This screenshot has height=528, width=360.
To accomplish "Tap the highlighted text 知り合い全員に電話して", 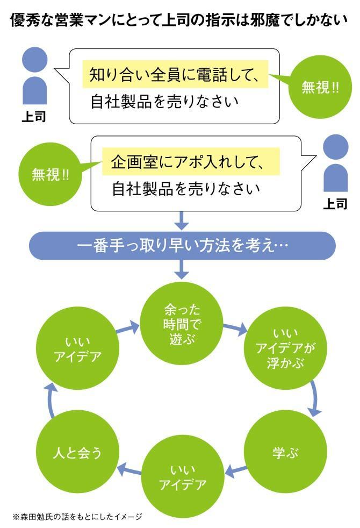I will pyautogui.click(x=178, y=73).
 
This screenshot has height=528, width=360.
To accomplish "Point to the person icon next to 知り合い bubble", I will pyautogui.click(x=35, y=76).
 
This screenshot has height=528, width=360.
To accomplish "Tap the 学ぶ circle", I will pyautogui.click(x=285, y=452).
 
